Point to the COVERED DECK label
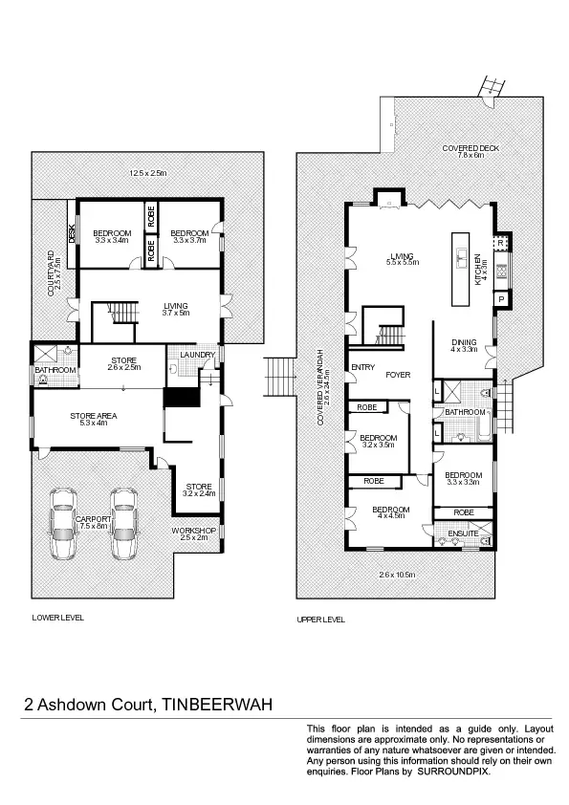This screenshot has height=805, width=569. (x=470, y=148)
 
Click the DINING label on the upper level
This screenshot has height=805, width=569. (x=465, y=343)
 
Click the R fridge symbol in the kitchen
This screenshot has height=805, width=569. (x=500, y=243)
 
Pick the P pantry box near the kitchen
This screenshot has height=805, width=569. (x=500, y=298)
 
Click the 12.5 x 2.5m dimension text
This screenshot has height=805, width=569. (x=148, y=173)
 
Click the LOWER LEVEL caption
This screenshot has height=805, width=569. (x=57, y=618)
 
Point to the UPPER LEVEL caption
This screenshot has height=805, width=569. (x=320, y=620)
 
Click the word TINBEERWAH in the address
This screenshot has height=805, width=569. (x=216, y=706)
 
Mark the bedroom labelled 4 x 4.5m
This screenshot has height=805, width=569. (x=391, y=513)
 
